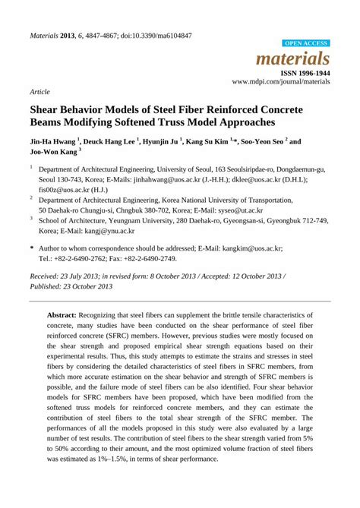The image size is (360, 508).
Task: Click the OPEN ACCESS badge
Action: pyautogui.click(x=306, y=44)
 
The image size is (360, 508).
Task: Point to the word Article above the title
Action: pyautogui.click(x=39, y=90)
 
